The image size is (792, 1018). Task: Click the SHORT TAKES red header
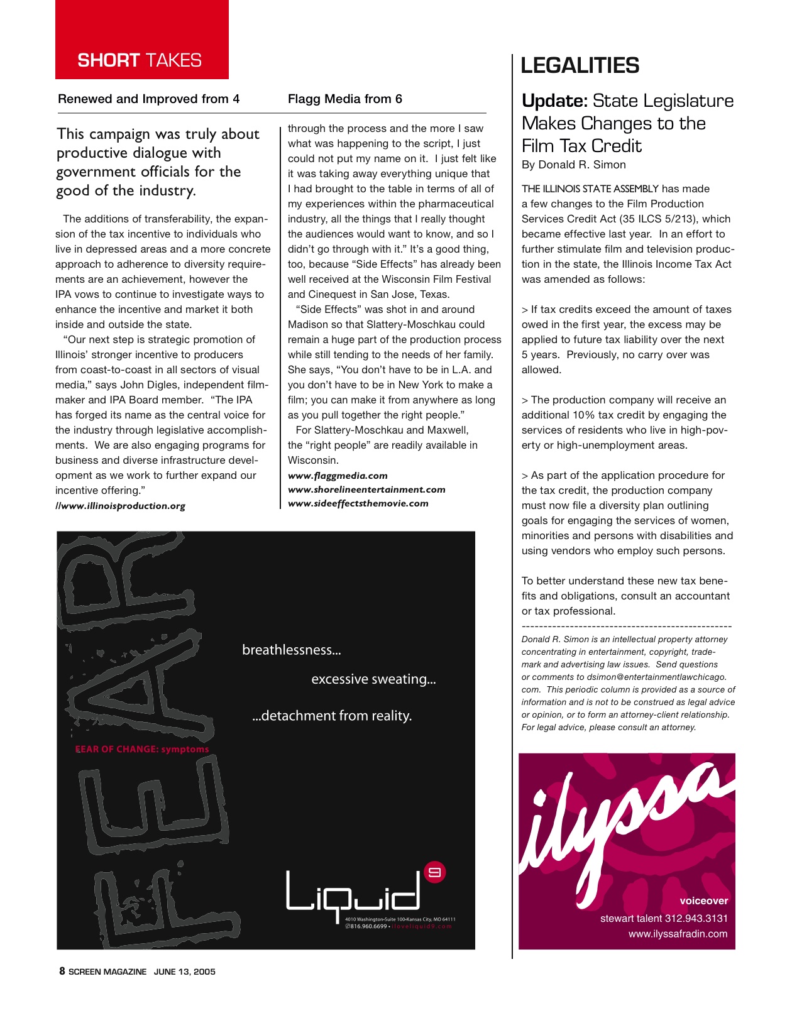pos(140,60)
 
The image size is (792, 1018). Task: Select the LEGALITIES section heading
pos(580,65)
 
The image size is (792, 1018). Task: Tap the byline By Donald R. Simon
pos(573,165)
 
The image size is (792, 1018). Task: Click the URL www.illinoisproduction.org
pos(121,506)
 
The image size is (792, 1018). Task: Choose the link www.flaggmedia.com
pos(338,476)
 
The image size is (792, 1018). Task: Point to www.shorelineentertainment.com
pos(366,490)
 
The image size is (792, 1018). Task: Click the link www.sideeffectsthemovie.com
pos(358,503)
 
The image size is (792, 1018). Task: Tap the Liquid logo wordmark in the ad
pos(353,891)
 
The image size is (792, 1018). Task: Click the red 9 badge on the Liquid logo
pos(435,872)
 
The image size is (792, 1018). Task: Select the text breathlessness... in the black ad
pos(292,650)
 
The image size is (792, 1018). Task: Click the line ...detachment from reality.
pos(332,716)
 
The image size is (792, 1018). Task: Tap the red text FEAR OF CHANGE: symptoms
pos(142,749)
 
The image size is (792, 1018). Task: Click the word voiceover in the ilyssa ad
pos(703,900)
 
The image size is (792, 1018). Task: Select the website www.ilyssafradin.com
pos(678,934)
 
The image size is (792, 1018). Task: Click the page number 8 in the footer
pos(62,971)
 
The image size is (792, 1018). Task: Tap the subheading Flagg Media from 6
pos(344,99)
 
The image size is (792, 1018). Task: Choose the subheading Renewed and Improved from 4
pos(148,99)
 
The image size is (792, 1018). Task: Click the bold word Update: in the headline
pos(554,101)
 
